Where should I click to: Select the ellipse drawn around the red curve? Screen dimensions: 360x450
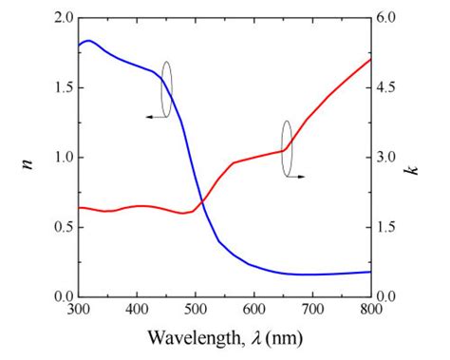(x=285, y=148)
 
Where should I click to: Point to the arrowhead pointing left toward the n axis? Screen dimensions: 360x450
(x=148, y=115)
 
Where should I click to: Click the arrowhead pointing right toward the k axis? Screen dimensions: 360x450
(x=302, y=177)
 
